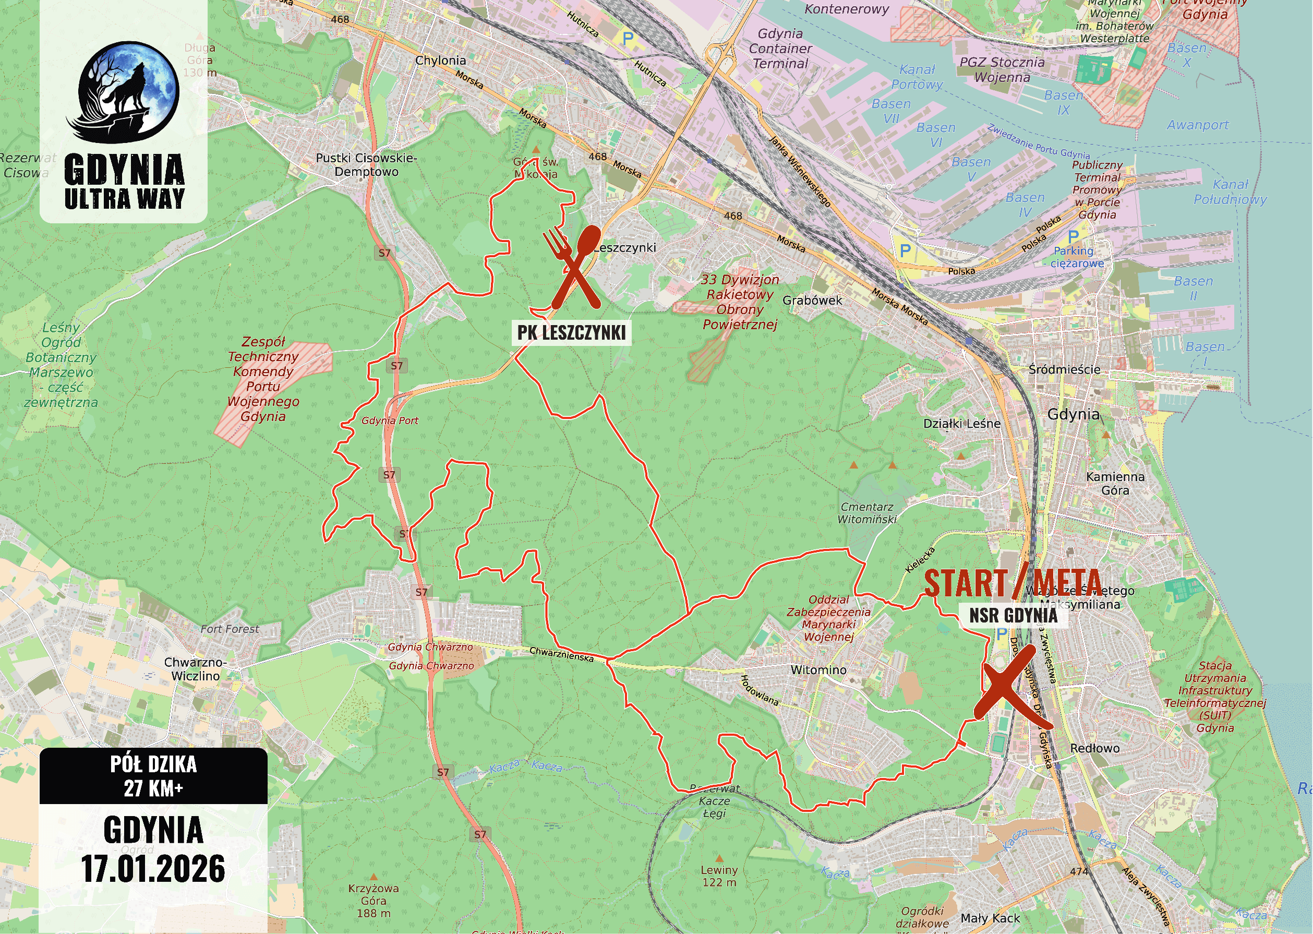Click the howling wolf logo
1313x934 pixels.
coord(123,92)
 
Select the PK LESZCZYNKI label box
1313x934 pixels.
coord(571,332)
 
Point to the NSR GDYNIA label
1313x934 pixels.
coord(1013,615)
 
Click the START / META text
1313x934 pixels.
coord(1013,583)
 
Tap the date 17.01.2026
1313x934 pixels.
coord(153,869)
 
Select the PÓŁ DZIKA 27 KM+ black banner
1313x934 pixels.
coord(153,776)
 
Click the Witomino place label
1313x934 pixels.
coord(818,670)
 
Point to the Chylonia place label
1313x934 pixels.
coord(440,61)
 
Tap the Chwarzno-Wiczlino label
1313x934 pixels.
coord(196,669)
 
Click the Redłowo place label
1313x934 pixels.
coord(1094,748)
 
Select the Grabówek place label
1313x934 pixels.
coord(812,300)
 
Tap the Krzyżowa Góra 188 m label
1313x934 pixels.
coord(373,901)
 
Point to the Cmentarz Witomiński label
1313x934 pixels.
coord(867,513)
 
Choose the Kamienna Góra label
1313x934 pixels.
coord(1115,483)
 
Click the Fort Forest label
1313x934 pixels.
coord(230,629)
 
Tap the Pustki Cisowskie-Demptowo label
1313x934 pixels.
coord(366,164)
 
